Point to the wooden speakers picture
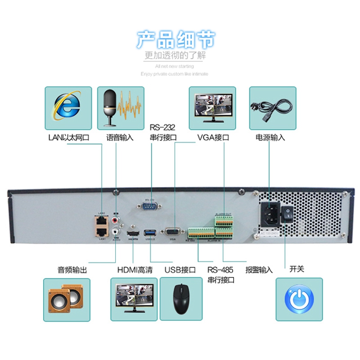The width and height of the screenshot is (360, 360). pos(67,299)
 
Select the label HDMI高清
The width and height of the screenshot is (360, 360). pos(135,270)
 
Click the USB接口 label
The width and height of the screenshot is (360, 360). pos(180,270)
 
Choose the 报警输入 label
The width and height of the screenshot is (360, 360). pos(259,270)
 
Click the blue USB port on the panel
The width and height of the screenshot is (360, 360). pos(150,233)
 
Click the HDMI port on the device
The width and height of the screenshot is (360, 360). pos(133,234)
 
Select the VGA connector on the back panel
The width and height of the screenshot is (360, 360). pos(172,232)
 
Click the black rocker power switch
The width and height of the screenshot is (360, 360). pos(288,215)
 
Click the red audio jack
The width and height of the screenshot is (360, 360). pos(117,220)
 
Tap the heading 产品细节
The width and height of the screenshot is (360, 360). pos(176,40)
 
